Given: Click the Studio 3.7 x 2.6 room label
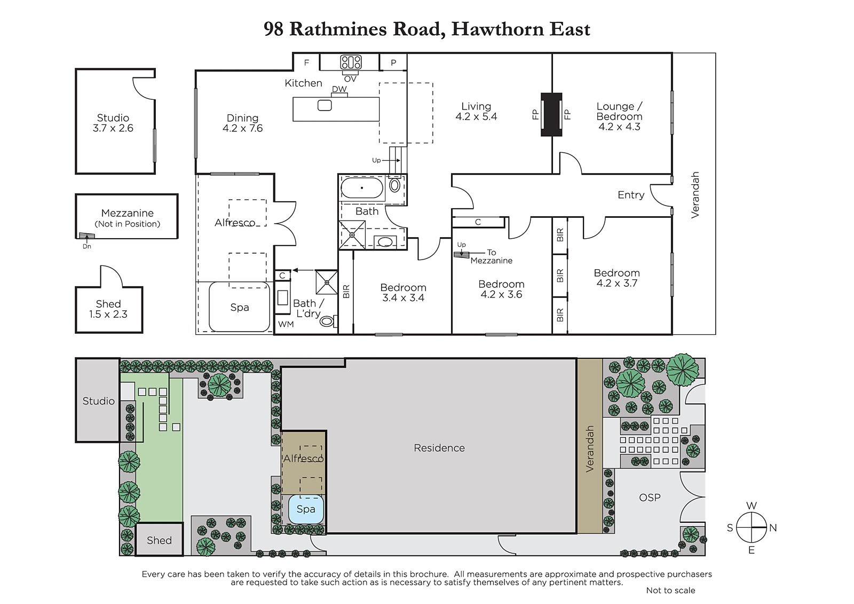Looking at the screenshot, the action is point(113,123).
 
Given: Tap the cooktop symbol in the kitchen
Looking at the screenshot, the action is point(351,62).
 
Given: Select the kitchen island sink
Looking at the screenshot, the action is point(325,105).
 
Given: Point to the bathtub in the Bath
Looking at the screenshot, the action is point(362,188).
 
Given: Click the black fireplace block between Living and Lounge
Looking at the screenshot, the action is point(551,114).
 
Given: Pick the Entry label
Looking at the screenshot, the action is point(631,195).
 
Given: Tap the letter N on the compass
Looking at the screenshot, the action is point(773,528).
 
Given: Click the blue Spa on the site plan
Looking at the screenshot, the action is point(306,509).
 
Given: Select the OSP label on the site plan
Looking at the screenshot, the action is point(650,498).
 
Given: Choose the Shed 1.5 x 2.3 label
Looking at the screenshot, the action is point(108,309).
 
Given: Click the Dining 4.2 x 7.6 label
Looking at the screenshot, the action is point(242,123).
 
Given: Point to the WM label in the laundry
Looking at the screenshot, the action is point(286,324).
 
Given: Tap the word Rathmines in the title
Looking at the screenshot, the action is point(338,29).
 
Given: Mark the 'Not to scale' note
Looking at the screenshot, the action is point(670,590).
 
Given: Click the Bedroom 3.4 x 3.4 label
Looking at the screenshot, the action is point(404,293).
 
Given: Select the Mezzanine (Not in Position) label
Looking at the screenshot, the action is point(128,218).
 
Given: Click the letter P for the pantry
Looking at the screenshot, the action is point(393,62).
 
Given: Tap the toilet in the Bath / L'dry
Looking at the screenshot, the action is point(329,321).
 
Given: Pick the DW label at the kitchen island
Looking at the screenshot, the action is point(339,89).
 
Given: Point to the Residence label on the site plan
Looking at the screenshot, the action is point(439,448).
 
